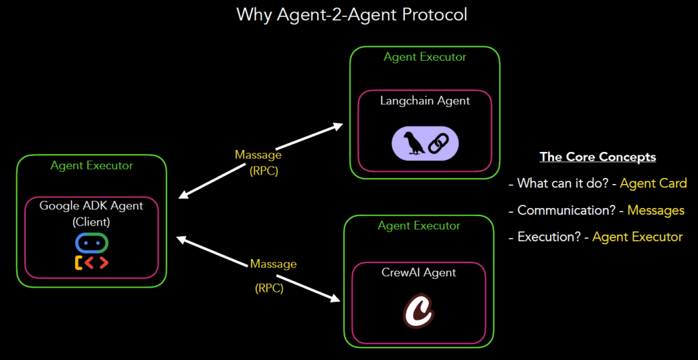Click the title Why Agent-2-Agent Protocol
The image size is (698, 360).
tap(352, 14)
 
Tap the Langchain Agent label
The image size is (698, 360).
tap(425, 101)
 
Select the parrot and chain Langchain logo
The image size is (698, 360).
tap(425, 143)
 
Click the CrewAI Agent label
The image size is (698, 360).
tap(419, 273)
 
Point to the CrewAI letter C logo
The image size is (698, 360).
tap(419, 311)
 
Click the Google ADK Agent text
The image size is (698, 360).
tap(91, 206)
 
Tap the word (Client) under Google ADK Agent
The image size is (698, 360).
tap(91, 222)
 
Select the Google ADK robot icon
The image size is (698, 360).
tap(92, 251)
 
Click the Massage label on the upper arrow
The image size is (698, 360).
tap(258, 155)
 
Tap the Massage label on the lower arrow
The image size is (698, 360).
tap(273, 263)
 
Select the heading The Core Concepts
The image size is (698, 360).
tap(598, 157)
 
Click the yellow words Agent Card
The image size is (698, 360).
tap(653, 183)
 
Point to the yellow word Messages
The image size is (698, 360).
tap(656, 210)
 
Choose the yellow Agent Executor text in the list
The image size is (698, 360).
tap(637, 237)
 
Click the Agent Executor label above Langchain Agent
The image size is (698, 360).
tap(425, 57)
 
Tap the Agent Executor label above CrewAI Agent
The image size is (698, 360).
tap(419, 226)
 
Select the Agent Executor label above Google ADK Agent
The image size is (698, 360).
tap(91, 166)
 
